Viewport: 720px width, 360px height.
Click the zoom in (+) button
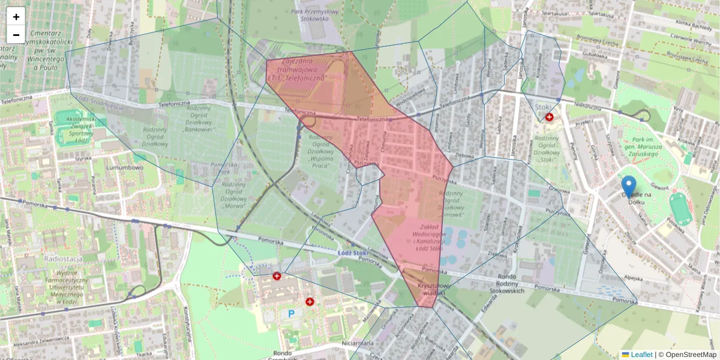[16, 17]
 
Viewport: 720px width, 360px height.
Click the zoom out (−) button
[16, 35]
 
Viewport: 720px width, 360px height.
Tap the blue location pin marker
[629, 187]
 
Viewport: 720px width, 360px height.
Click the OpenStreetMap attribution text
[688, 355]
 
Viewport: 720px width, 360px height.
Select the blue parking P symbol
[292, 313]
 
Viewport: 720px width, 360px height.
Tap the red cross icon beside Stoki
[549, 117]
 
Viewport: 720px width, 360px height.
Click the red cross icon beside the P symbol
[310, 302]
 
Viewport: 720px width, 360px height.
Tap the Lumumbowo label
[124, 168]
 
